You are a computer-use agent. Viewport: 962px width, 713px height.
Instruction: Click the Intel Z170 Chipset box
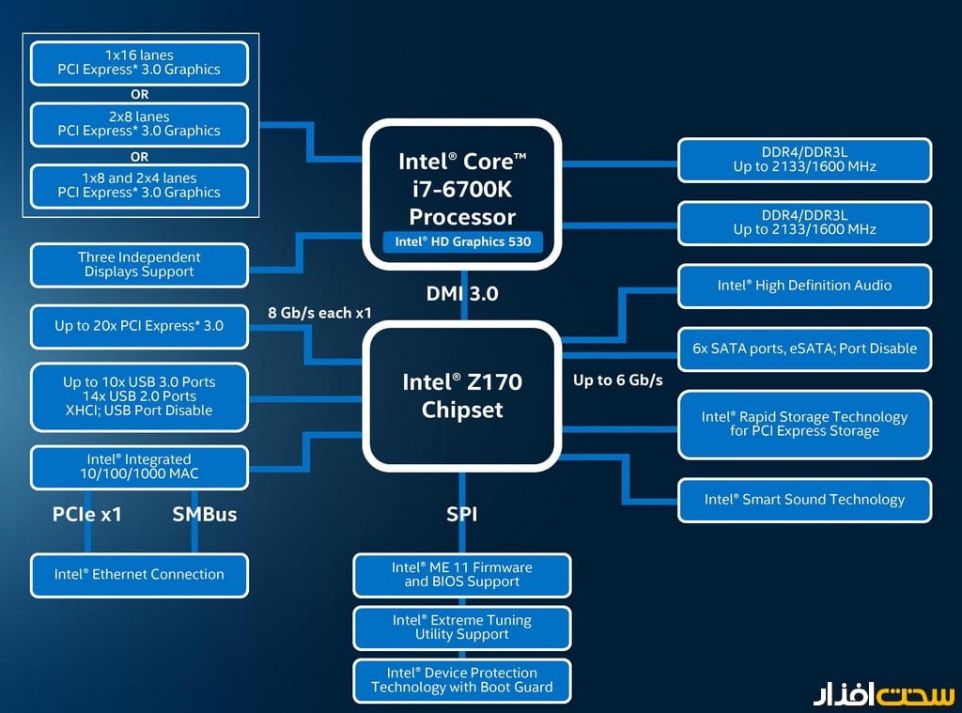click(x=461, y=395)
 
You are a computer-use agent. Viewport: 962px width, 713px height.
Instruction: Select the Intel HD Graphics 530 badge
click(x=462, y=241)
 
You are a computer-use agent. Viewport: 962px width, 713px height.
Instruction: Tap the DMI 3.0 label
click(x=461, y=293)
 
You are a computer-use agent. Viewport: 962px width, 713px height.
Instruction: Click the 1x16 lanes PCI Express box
click(x=139, y=62)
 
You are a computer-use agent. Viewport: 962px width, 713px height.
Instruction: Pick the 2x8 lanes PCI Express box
click(x=139, y=124)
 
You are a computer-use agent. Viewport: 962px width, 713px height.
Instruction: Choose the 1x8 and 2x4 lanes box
click(x=139, y=185)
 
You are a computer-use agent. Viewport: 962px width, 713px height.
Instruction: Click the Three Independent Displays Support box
click(x=139, y=264)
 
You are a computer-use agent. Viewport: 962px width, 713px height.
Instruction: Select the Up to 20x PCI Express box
click(x=139, y=326)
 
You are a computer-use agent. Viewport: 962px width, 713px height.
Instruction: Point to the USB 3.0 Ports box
click(x=139, y=395)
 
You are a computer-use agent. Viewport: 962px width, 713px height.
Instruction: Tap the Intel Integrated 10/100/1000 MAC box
click(x=139, y=466)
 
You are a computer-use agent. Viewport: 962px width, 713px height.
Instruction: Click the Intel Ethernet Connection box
click(x=139, y=574)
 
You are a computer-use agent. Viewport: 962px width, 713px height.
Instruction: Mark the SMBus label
click(x=205, y=514)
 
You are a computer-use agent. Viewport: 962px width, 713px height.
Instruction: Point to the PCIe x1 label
click(x=87, y=514)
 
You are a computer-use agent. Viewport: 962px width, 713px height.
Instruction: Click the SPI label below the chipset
click(x=462, y=514)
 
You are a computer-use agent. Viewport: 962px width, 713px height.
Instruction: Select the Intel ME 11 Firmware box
click(x=462, y=574)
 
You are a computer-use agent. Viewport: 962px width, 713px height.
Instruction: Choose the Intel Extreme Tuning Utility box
click(x=462, y=628)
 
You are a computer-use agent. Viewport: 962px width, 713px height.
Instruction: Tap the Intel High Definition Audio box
click(x=804, y=286)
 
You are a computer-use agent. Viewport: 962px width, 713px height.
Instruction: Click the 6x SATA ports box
click(x=804, y=349)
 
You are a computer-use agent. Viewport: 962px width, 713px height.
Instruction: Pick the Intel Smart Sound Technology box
click(x=804, y=500)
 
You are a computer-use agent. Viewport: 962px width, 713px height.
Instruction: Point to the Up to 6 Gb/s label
click(x=618, y=380)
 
